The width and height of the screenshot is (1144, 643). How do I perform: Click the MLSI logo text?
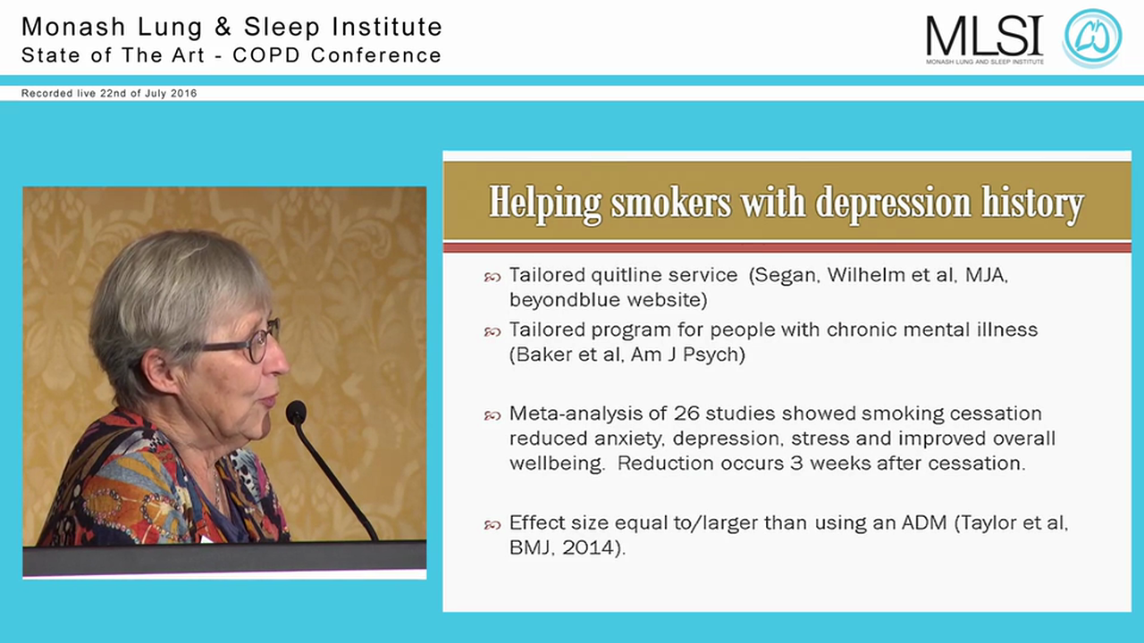point(984,36)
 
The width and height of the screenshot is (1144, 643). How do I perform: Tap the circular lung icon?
point(1091,38)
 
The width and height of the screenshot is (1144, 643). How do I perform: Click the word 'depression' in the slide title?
point(902,205)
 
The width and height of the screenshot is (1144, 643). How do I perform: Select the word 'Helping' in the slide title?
point(545,205)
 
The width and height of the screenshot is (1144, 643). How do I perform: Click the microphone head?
point(296,412)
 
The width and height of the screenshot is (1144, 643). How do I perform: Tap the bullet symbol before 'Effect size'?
point(492,525)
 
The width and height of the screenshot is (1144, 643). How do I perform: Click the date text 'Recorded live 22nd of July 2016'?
point(109,93)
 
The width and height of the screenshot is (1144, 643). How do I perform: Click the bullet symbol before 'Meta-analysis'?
point(492,415)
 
